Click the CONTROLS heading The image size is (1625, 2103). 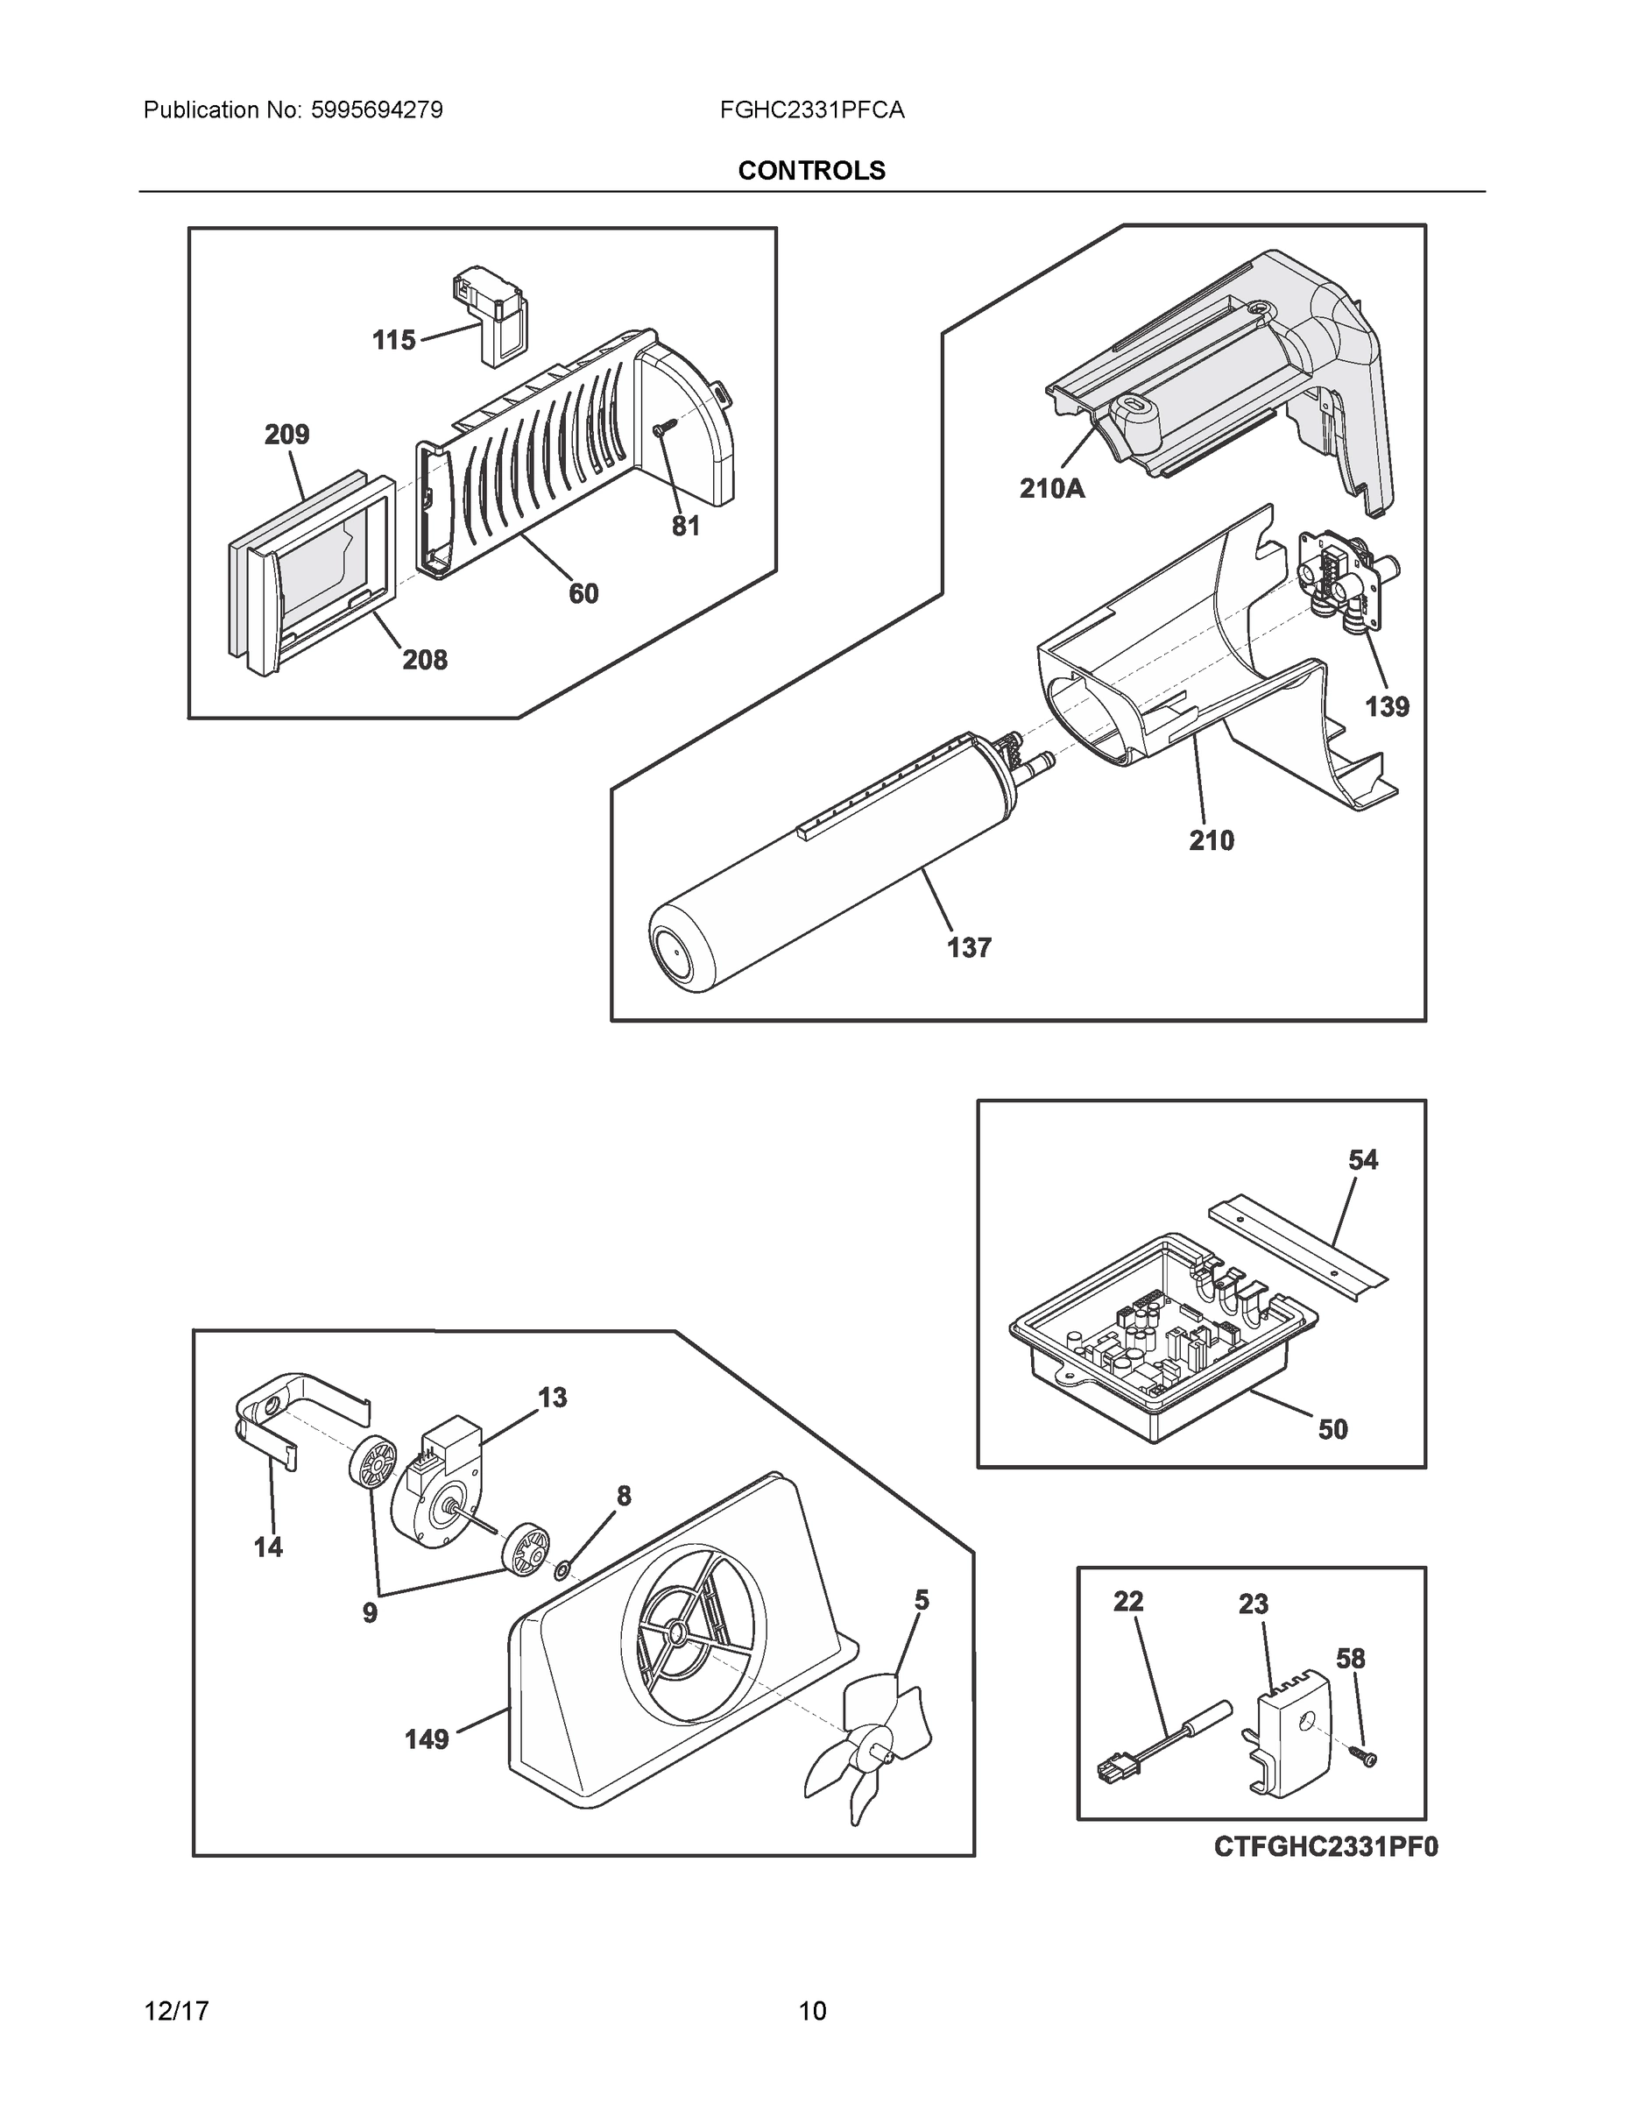click(811, 171)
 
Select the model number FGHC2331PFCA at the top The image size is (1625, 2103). click(811, 110)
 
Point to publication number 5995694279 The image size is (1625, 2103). click(377, 110)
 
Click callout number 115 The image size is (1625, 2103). click(393, 340)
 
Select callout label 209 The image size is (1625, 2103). click(286, 435)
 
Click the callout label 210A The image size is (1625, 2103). click(1052, 489)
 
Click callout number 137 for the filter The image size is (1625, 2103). click(969, 947)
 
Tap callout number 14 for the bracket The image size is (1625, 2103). click(269, 1547)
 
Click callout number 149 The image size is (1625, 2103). click(427, 1739)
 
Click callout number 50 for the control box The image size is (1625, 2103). click(1332, 1429)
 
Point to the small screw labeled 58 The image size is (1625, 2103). click(1364, 1757)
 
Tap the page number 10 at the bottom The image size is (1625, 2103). click(811, 2011)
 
